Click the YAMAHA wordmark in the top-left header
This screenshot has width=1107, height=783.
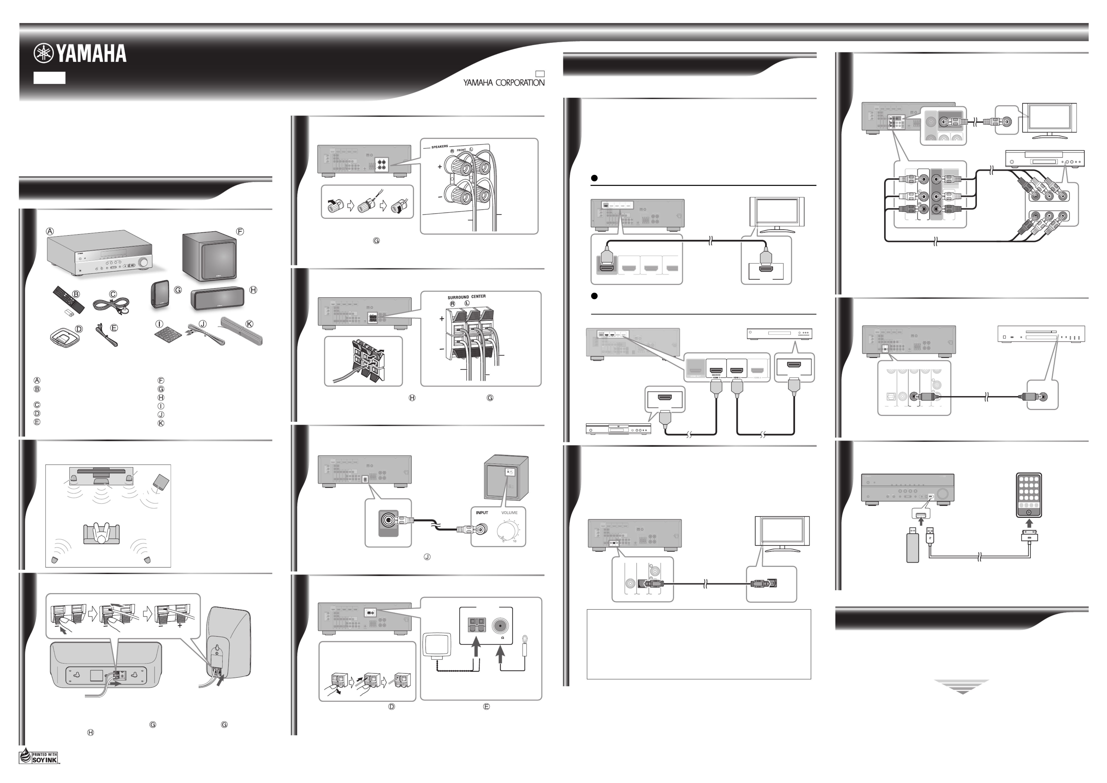click(81, 54)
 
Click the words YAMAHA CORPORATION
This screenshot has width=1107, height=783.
click(504, 82)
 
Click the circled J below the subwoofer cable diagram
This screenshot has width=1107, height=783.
click(427, 557)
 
